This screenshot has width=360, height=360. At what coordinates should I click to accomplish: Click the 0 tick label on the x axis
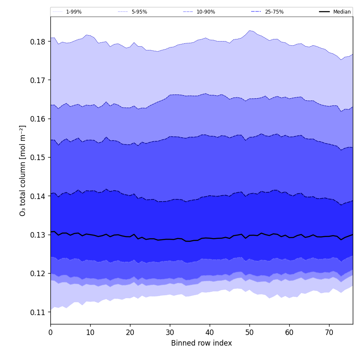click(50, 332)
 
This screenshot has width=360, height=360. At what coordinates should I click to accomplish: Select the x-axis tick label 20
click(130, 332)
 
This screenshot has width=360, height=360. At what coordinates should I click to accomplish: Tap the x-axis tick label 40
click(210, 332)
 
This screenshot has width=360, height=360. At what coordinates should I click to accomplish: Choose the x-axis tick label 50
click(249, 332)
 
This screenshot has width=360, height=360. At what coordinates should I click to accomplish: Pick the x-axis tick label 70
click(329, 332)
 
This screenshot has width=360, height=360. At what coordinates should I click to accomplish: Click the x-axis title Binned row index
click(202, 343)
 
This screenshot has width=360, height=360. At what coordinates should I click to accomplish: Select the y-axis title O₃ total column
click(23, 170)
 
